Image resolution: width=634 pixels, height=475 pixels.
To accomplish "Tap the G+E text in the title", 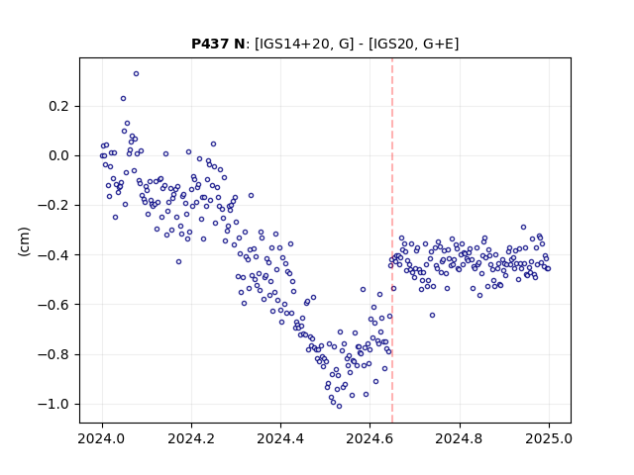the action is [x=438, y=44].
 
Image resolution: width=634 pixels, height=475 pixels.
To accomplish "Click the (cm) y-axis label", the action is [x=24, y=241].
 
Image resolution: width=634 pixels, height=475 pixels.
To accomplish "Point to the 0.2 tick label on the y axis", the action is [x=58, y=107].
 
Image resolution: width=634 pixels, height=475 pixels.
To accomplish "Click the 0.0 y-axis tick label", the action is [x=58, y=156].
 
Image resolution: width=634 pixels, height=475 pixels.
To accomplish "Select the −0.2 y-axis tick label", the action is [x=53, y=206].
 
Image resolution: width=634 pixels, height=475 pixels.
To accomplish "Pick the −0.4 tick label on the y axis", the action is [x=53, y=255].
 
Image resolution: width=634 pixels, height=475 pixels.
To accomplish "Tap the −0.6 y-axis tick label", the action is [x=53, y=305].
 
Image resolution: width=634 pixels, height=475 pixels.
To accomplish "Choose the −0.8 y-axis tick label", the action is [x=53, y=354].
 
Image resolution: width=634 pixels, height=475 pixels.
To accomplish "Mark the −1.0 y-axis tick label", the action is [x=53, y=405].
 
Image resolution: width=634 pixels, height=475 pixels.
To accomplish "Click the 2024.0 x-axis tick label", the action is [x=102, y=438].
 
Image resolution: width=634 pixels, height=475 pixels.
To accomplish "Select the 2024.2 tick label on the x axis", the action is [x=191, y=438].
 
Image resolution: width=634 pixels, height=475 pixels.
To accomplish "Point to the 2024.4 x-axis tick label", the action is [x=280, y=438].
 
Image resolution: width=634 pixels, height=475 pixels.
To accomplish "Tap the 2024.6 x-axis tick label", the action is [x=370, y=438].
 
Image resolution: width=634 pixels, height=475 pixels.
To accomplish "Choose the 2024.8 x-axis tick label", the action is [x=459, y=438].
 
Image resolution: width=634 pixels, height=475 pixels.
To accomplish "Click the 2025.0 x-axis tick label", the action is [x=549, y=438].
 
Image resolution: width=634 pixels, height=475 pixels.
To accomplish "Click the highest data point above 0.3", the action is [x=137, y=74].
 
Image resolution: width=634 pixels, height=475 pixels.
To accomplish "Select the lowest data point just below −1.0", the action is [x=339, y=407].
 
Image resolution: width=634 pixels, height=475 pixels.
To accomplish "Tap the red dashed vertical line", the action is [x=392, y=240].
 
